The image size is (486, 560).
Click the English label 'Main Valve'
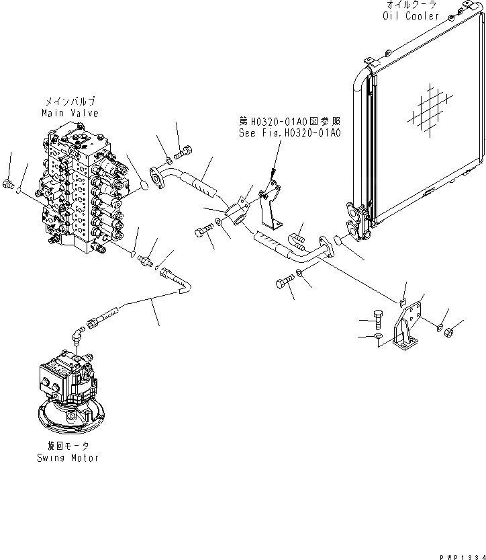pos(69,114)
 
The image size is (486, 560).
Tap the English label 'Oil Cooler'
pos(411,15)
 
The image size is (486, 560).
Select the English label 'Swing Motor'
pos(68,458)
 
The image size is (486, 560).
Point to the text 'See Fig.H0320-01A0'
pos(290,133)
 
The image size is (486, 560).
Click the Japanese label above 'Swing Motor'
pos(68,446)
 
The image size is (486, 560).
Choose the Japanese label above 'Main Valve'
pos(69,103)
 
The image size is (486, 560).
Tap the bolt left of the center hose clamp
pos(203,232)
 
